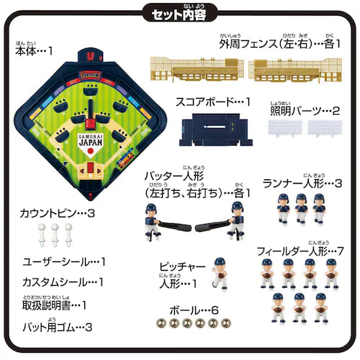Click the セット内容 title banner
[x=180, y=12]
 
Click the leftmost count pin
[x=41, y=235]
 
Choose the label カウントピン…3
[x=60, y=214]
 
